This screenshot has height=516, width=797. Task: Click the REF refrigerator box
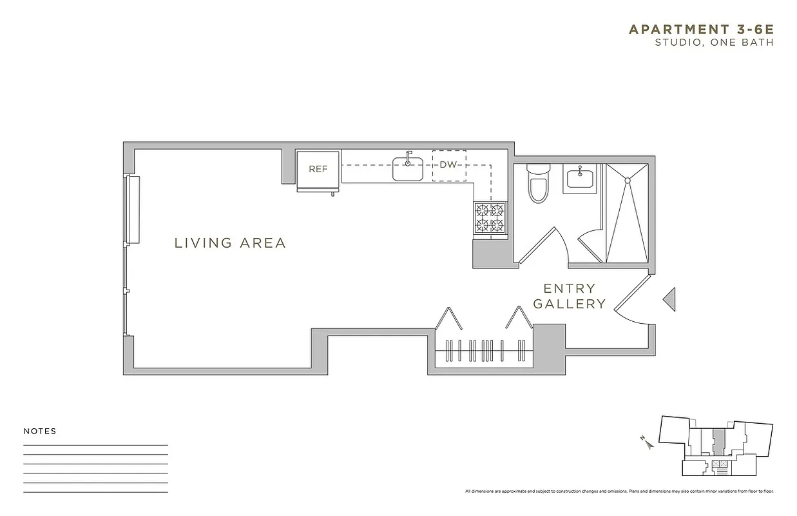pyautogui.click(x=318, y=169)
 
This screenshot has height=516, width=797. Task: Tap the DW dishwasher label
pyautogui.click(x=448, y=164)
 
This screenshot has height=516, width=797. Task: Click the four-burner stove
pyautogui.click(x=490, y=217)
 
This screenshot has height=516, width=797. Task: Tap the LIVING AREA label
pyautogui.click(x=230, y=243)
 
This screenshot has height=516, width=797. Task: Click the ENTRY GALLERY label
pyautogui.click(x=570, y=296)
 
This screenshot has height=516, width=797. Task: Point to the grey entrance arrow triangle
pyautogui.click(x=669, y=299)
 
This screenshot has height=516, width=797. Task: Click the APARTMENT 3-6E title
pyautogui.click(x=700, y=29)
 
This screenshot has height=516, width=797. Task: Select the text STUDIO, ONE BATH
pyautogui.click(x=713, y=43)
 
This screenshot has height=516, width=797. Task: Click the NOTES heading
pyautogui.click(x=40, y=432)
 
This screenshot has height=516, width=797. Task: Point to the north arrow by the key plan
pyautogui.click(x=646, y=442)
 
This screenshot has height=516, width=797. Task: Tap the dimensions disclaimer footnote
pyautogui.click(x=619, y=491)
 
